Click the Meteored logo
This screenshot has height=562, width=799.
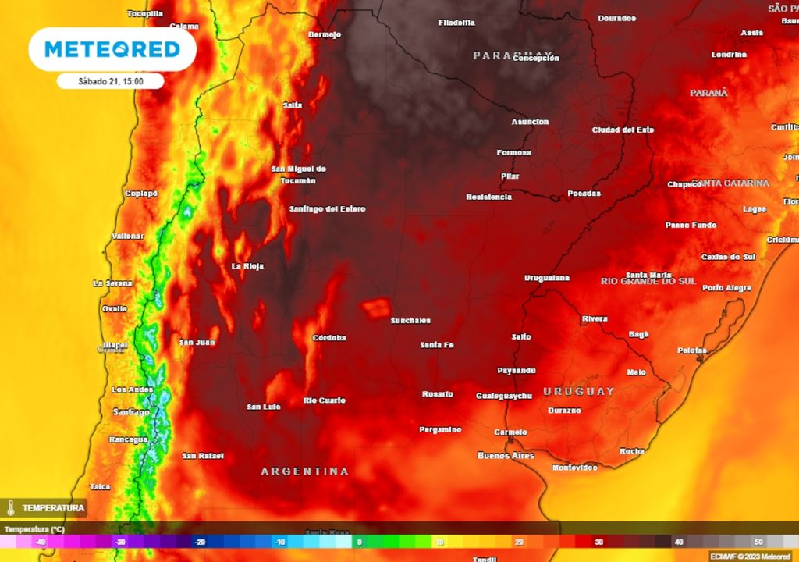[x=112, y=49]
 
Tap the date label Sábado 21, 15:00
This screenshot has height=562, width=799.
[x=110, y=80]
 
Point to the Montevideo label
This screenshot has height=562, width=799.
[x=574, y=468]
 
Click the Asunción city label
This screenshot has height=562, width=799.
[x=530, y=122]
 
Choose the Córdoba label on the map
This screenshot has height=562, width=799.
[x=328, y=338]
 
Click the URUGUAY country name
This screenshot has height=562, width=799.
[x=579, y=391]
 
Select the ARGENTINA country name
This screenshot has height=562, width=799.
[x=304, y=471]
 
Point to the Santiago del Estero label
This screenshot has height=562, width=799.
[x=327, y=209]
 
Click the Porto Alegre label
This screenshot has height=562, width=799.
[x=726, y=288]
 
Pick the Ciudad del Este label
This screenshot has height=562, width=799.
[x=623, y=130]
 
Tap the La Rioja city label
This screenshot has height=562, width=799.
[x=247, y=266]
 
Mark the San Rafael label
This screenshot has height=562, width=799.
[x=203, y=456]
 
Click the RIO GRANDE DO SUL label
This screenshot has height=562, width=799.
[x=648, y=281]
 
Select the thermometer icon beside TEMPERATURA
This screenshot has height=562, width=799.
[x=11, y=508]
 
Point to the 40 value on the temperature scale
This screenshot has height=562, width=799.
[x=678, y=542]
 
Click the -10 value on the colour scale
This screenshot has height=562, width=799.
[x=279, y=542]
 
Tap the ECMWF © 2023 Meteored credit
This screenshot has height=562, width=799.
[x=751, y=556]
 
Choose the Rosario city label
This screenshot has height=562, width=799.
[x=437, y=394]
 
